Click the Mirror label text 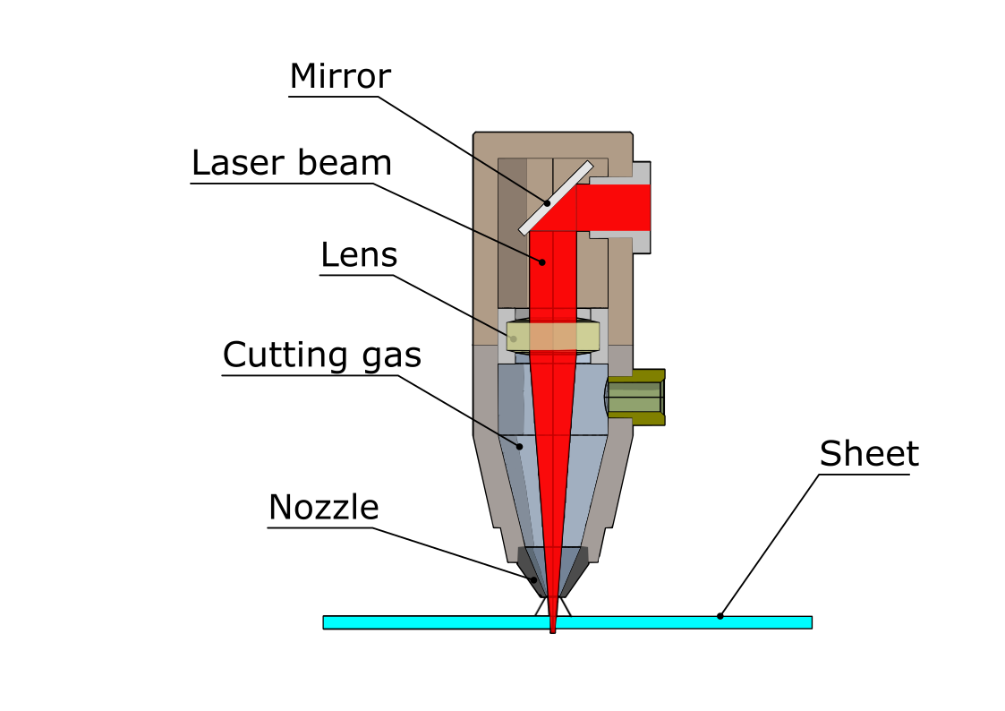(x=340, y=77)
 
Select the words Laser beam (x=292, y=164)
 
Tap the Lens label (x=358, y=256)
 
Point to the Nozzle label (x=323, y=508)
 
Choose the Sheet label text (x=869, y=454)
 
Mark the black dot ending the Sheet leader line (x=720, y=616)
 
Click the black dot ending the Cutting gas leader (x=517, y=444)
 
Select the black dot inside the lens (x=513, y=338)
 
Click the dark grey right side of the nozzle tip (x=577, y=566)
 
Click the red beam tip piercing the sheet (x=553, y=627)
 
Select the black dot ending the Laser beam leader (x=541, y=261)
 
